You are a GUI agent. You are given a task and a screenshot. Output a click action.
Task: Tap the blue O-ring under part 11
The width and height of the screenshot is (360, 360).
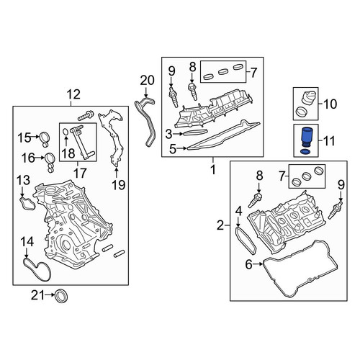tap(305, 152)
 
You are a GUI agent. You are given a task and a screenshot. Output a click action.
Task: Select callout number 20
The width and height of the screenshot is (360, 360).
tap(147, 81)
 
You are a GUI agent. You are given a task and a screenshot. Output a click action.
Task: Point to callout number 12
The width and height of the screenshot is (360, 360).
tap(73, 94)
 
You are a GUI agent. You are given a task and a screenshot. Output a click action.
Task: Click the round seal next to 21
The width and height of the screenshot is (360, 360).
tap(61, 297)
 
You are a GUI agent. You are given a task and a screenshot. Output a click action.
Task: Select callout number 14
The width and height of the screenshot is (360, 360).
tap(27, 242)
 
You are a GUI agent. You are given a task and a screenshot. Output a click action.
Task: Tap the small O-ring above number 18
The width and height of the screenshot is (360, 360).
tap(66, 132)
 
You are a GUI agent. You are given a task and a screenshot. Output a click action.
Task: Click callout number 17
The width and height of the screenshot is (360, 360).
tap(80, 173)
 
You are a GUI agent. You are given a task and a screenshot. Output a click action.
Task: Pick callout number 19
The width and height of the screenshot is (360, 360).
tap(119, 185)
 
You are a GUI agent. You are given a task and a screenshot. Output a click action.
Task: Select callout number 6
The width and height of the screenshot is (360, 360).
tap(249, 264)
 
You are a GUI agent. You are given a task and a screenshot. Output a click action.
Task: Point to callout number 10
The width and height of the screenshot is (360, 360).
tap(330, 104)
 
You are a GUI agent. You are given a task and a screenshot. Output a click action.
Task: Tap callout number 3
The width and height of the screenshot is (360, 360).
tap(169, 135)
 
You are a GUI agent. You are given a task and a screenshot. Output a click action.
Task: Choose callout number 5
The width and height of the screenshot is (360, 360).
tap(173, 149)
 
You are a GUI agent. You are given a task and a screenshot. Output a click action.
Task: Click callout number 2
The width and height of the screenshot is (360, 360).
tap(220, 225)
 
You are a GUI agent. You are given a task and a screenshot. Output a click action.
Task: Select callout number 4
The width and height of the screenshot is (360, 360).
tap(238, 212)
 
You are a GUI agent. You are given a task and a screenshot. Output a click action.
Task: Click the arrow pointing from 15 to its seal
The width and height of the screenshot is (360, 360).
tap(35, 137)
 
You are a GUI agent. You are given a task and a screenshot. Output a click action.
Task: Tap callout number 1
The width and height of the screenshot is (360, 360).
tap(213, 170)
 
